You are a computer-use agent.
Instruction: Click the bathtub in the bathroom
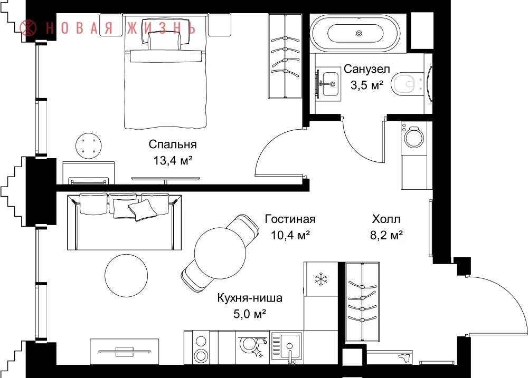coord(355,33)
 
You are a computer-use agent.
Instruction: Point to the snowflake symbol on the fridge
coord(321,279)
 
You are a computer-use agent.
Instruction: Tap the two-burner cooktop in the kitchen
coord(201,348)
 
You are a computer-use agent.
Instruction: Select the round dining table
coord(220,253)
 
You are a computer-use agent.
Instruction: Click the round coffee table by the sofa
coord(126,275)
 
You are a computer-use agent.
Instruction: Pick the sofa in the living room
coord(125,221)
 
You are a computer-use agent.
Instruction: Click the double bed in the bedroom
coord(165,72)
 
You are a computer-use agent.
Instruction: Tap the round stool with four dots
coord(89,146)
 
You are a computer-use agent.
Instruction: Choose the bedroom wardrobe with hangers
coord(285,56)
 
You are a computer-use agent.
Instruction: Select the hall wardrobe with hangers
coord(362,302)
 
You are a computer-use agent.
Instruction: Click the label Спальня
coord(173,144)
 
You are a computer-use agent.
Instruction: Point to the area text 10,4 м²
coord(290,235)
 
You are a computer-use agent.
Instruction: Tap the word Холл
coord(386,219)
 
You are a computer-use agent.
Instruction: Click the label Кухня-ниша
coord(250,298)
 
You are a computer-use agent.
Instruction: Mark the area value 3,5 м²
coord(367,85)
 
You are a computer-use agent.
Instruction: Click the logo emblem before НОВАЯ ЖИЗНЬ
coord(28,28)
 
